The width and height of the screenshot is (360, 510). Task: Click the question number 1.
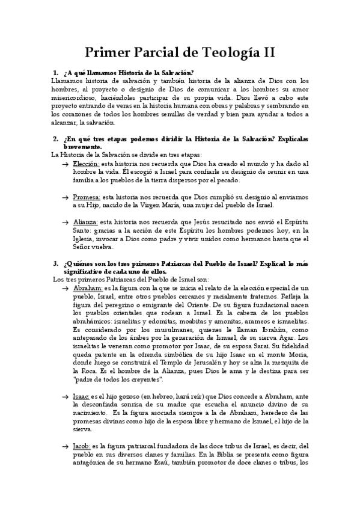pyautogui.click(x=55, y=73)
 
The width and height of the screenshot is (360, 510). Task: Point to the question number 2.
pyautogui.click(x=55, y=139)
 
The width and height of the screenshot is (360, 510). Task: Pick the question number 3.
pyautogui.click(x=55, y=263)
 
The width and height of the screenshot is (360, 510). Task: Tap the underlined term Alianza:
pyautogui.click(x=85, y=222)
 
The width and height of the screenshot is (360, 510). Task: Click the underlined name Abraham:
pyautogui.click(x=88, y=289)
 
